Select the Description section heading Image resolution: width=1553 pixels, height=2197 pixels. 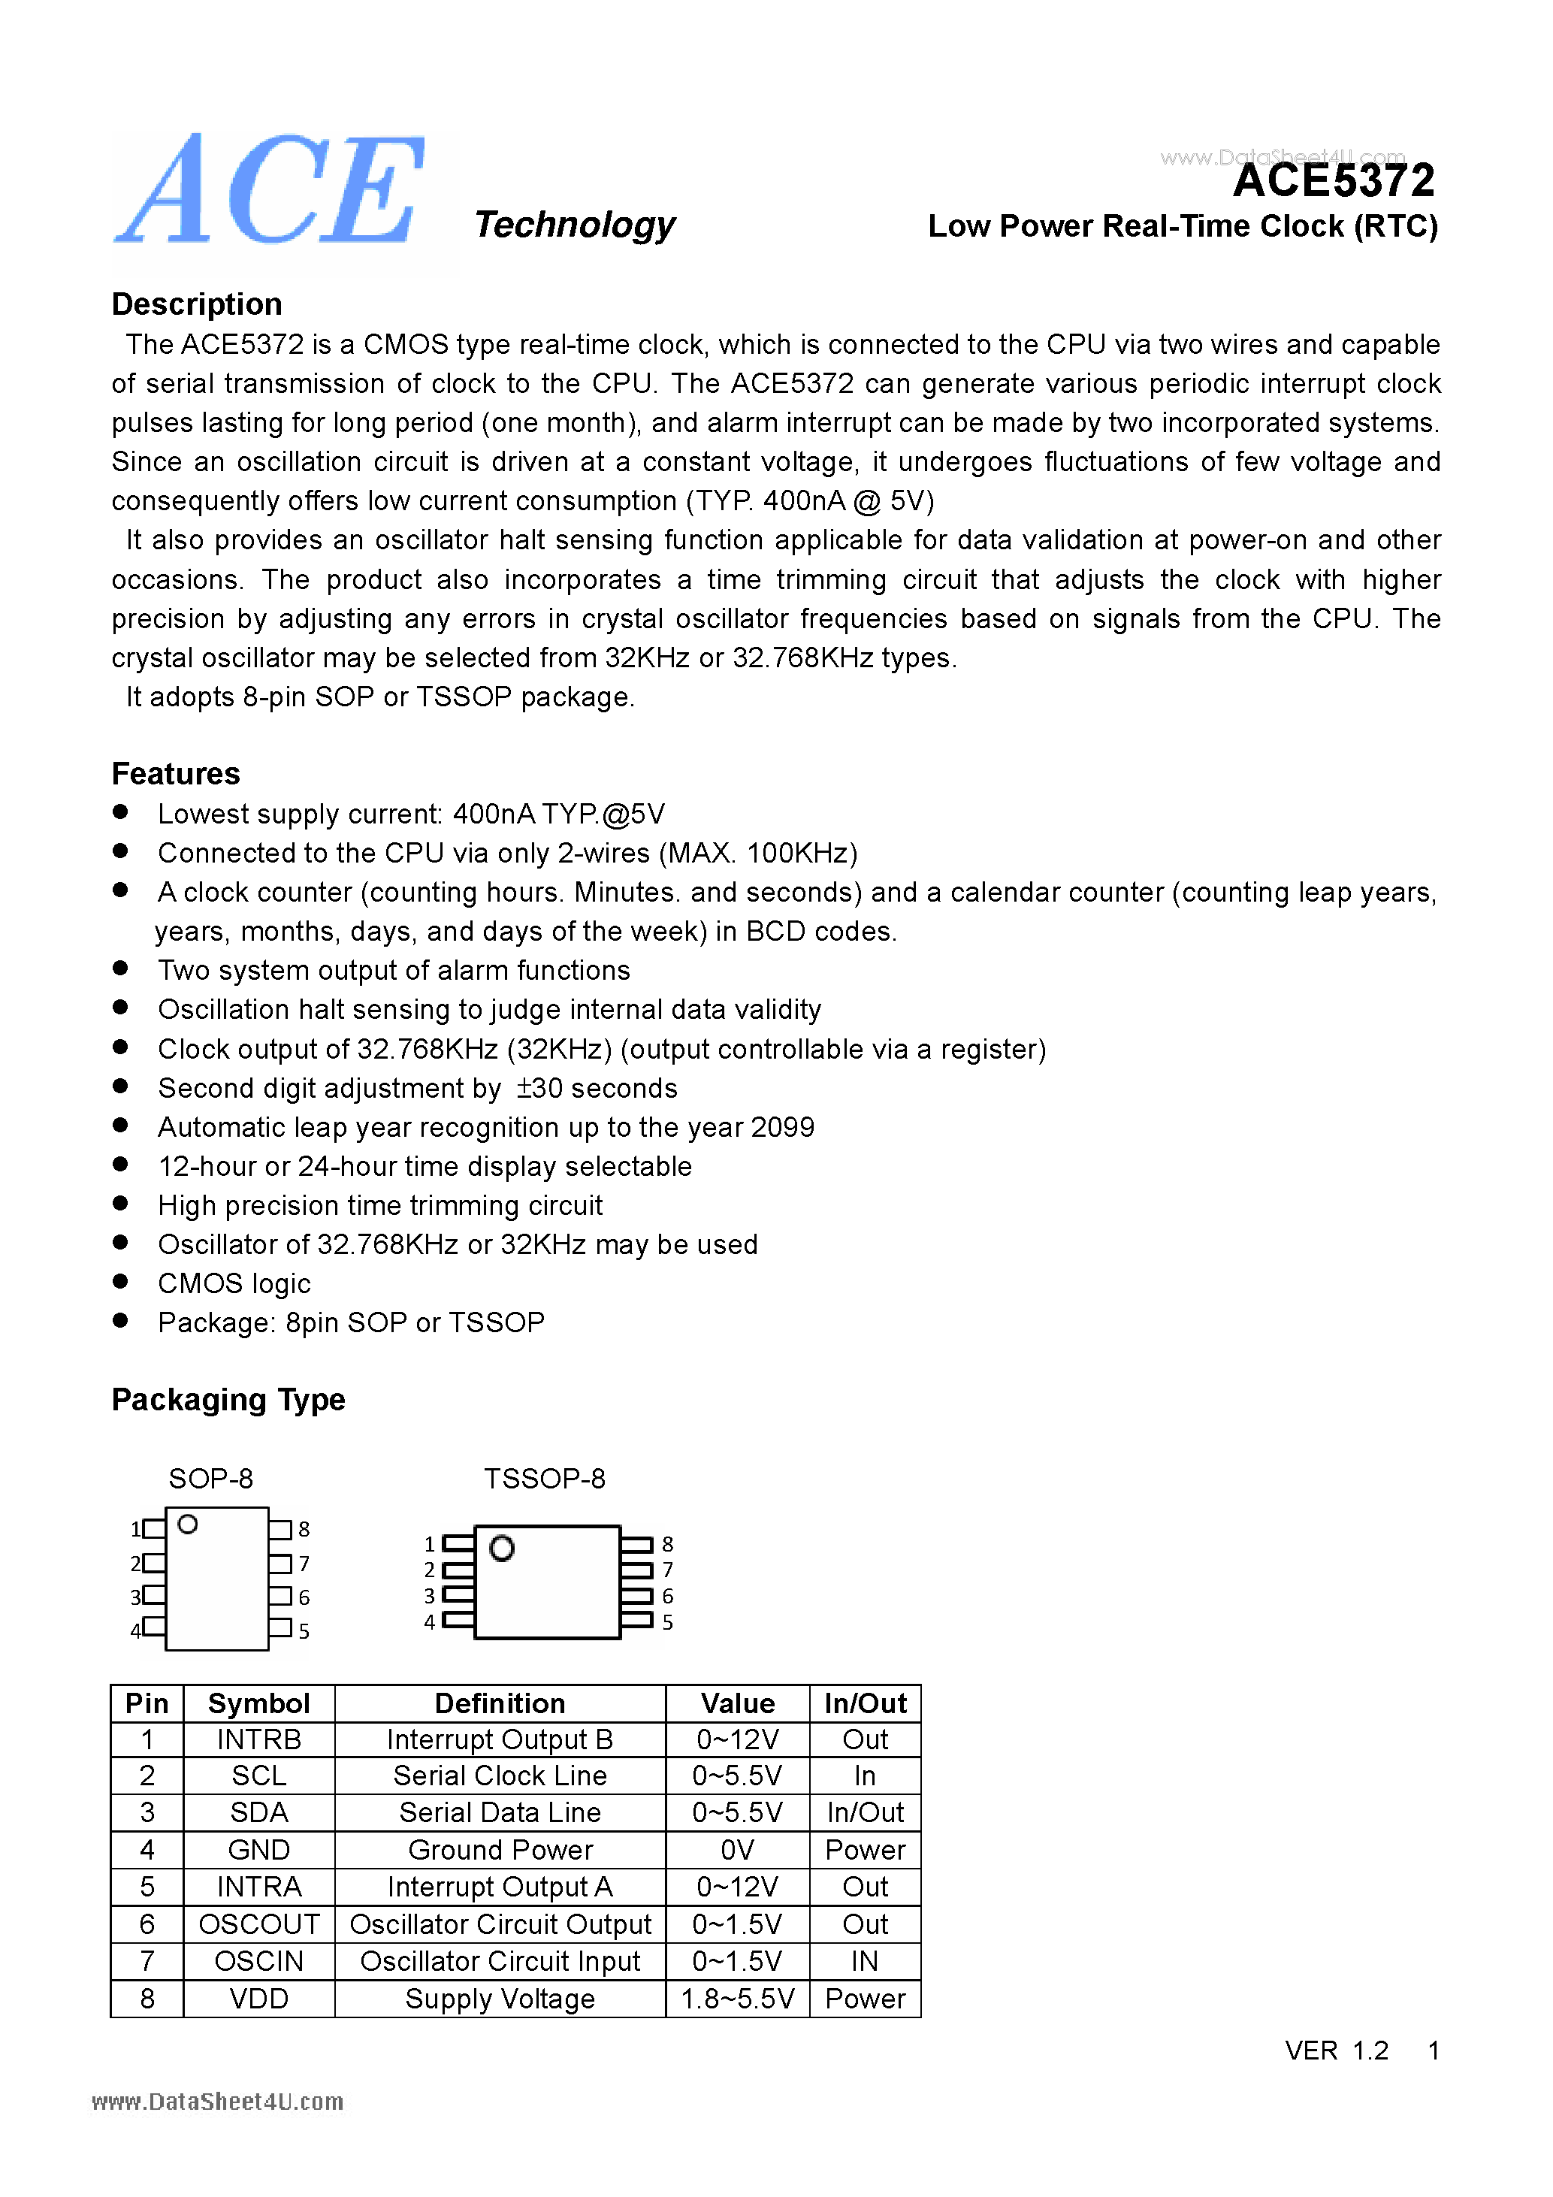point(196,304)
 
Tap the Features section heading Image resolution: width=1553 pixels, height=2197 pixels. point(175,773)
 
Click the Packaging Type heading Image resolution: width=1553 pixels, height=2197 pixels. point(228,1400)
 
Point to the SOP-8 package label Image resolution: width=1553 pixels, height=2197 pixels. point(210,1479)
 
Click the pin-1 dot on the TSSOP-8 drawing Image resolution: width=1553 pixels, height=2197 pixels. point(501,1549)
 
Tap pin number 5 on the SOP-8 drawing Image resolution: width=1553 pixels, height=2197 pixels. point(304,1631)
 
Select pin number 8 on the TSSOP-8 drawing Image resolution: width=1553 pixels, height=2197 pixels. point(667,1544)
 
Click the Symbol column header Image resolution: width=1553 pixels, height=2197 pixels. point(258,1704)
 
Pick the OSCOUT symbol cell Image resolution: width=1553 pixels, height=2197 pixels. point(258,1924)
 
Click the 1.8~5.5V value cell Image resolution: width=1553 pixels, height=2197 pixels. point(737,1999)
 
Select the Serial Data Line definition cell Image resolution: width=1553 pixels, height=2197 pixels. point(500,1812)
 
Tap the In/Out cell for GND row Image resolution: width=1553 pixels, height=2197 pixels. point(864,1850)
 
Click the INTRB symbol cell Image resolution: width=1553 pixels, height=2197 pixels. point(258,1739)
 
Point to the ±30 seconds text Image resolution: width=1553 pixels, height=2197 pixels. point(596,1089)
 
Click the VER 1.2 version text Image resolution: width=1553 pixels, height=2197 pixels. point(1336,2050)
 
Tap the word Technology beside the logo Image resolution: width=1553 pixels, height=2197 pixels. point(574,225)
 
